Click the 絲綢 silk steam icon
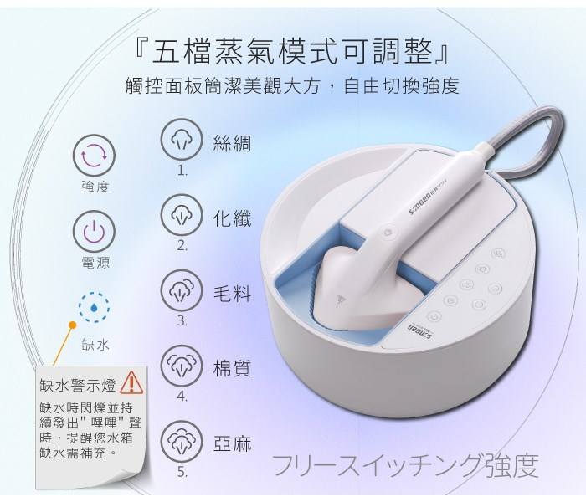coord(182,140)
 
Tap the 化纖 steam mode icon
coord(182,215)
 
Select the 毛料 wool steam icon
coord(182,290)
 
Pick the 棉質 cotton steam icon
coord(182,366)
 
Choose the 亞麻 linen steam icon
coord(182,441)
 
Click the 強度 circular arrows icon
coord(94,156)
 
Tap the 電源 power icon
coord(94,232)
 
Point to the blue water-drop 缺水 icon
coord(94,307)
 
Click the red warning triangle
coord(131,383)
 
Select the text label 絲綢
coord(232,143)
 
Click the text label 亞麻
coord(232,443)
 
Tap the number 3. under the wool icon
coord(182,320)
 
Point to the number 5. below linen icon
coord(182,472)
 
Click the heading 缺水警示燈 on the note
coord(78,385)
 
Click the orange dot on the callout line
coord(73,325)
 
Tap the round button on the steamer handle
coord(388,232)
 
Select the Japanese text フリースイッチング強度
coord(405,465)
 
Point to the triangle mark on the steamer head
coord(341,299)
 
